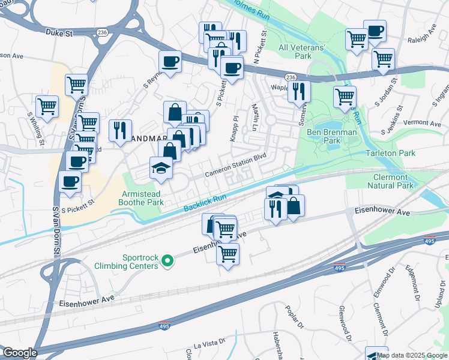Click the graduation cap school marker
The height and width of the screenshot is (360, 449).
(161, 168)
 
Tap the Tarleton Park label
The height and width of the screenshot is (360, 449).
(390, 154)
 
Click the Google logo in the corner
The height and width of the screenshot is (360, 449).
(19, 353)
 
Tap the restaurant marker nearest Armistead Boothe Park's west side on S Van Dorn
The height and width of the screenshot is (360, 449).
(120, 130)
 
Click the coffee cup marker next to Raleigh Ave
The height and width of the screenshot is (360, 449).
(375, 31)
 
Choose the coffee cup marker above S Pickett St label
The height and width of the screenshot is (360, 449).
(70, 182)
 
